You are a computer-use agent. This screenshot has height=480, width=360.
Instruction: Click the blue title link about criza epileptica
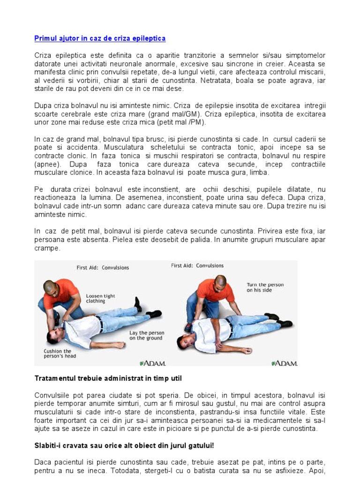[100, 38]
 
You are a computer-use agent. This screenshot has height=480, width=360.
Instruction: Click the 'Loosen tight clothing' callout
[100, 299]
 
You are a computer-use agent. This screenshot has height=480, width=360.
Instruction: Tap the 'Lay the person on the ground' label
[146, 335]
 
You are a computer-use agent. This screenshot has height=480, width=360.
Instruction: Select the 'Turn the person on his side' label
[265, 287]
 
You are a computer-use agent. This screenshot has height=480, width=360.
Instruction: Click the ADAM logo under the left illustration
[153, 363]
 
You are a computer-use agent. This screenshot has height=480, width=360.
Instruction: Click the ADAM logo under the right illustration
[284, 363]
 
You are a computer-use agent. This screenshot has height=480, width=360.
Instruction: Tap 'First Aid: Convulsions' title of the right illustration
[197, 266]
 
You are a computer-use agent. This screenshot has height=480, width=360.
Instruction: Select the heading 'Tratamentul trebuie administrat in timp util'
[108, 378]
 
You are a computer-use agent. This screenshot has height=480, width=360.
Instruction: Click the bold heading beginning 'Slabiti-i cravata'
[124, 445]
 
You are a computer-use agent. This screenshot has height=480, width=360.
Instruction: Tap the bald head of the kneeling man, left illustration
[50, 286]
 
